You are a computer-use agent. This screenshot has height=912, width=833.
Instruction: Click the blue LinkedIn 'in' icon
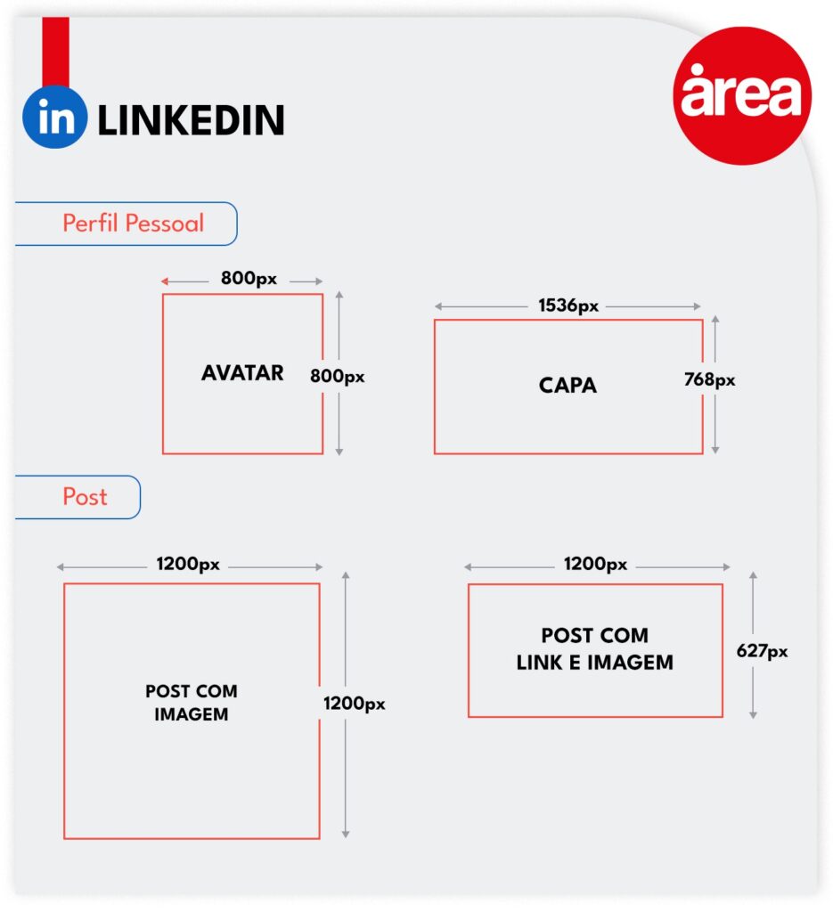[55, 117]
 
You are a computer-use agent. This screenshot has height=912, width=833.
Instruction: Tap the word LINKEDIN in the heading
[192, 120]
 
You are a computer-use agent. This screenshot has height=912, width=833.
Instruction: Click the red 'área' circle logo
[742, 95]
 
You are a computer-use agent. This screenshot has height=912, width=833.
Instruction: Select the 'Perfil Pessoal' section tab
[127, 224]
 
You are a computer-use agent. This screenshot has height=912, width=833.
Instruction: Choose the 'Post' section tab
[78, 497]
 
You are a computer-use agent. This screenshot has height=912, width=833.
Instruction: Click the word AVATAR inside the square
[242, 373]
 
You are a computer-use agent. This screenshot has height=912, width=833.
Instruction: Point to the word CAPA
[568, 385]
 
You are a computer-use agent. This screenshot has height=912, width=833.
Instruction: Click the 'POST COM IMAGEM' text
[192, 703]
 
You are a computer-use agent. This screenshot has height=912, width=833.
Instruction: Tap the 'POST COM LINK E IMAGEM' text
[594, 648]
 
